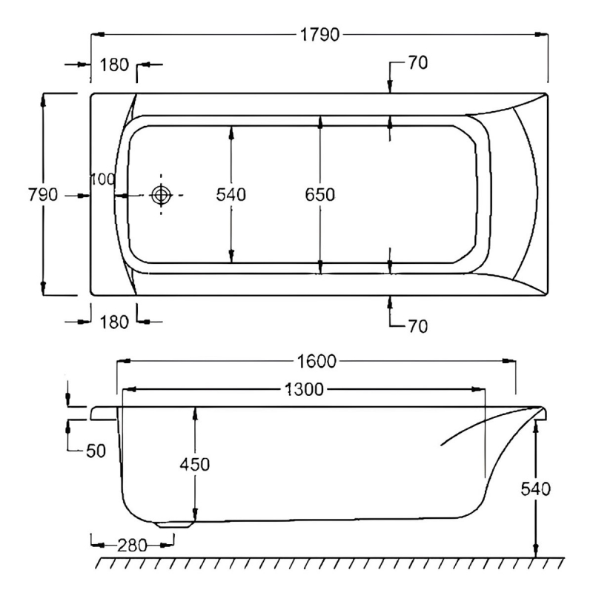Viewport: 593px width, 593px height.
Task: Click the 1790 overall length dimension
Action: point(318,35)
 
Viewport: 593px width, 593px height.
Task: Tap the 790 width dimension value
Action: point(43,195)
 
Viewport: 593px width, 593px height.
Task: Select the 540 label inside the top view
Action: point(231,195)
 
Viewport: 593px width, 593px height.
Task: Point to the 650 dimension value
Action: point(320,195)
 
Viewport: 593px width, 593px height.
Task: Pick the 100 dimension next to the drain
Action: point(102,179)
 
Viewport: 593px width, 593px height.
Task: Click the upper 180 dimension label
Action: point(113,65)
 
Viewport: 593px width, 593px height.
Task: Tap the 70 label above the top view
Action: point(417,64)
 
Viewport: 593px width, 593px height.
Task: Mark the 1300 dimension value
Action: point(304,388)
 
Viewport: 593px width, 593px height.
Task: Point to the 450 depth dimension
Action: point(195,465)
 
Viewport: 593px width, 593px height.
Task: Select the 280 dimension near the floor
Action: point(133,545)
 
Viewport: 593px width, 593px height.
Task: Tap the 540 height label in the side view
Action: point(535,489)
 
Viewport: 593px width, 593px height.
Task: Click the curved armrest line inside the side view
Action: point(482,426)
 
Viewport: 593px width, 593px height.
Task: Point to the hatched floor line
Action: point(326,562)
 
